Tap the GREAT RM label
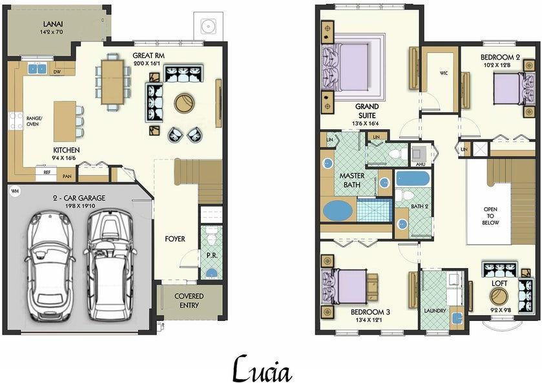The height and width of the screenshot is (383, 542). tap(148, 56)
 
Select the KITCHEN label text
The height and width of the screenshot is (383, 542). tap(67, 150)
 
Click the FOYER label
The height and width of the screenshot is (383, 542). tap(174, 239)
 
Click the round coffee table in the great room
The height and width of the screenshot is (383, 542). tap(183, 102)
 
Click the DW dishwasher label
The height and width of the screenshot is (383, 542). tap(57, 72)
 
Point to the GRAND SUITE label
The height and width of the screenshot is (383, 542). tap(366, 111)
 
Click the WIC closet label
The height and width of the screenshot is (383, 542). tap(444, 72)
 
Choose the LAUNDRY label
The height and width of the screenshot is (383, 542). tap(435, 311)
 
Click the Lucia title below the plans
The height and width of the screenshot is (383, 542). tap(262, 369)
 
